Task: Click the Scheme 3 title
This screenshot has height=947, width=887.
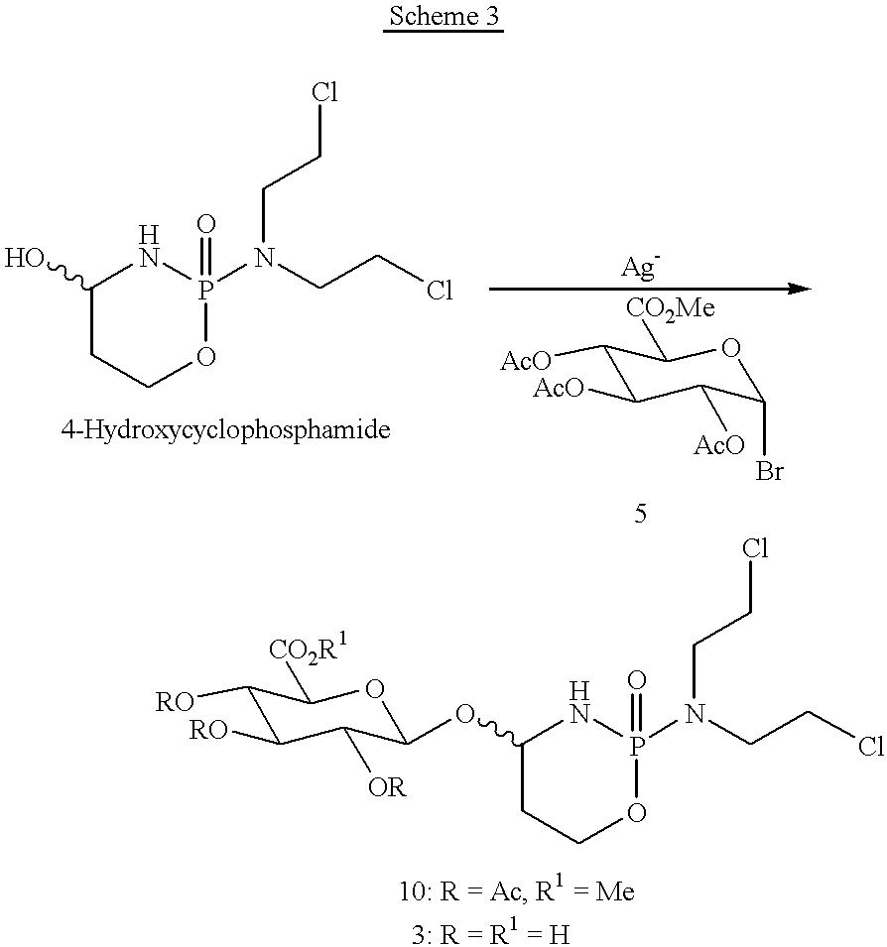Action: tap(443, 17)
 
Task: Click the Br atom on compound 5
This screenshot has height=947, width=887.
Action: tap(770, 471)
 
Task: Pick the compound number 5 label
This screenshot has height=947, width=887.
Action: tap(640, 516)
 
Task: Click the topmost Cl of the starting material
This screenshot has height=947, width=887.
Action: tap(325, 94)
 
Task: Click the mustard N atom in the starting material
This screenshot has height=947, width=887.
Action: tap(263, 260)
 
